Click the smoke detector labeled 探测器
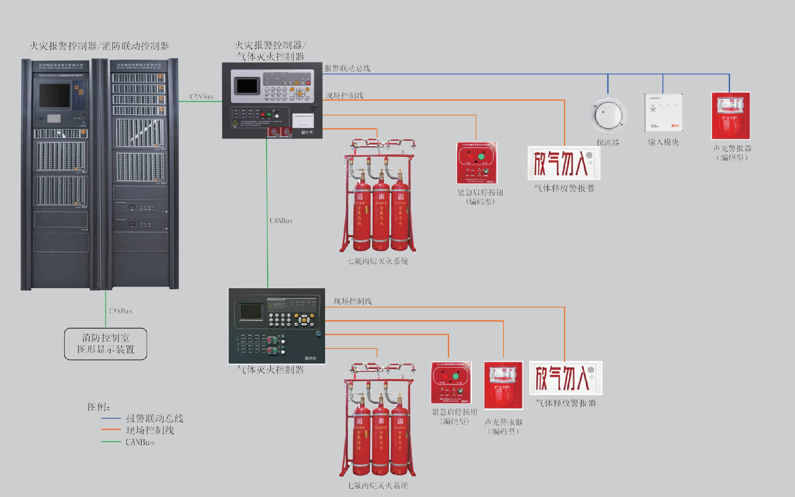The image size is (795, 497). coord(608,115)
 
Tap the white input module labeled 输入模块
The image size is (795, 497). coord(663,113)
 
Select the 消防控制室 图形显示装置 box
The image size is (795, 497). coord(106,344)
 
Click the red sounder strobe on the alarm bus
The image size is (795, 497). coord(731,116)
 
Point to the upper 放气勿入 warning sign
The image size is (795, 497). coord(564,163)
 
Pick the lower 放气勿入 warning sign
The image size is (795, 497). coord(566,378)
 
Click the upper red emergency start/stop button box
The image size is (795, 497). coord(477,163)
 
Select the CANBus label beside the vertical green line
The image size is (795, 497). coord(281,221)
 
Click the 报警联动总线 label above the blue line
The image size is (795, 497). coord(347,68)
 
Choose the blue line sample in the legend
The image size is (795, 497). coord(111,419)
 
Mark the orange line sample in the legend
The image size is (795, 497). coord(111,430)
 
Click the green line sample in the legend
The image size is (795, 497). coord(111,442)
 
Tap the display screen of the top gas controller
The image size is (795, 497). coord(247,86)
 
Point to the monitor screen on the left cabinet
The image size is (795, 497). coord(54,96)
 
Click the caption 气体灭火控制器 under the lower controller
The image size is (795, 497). coord(270,370)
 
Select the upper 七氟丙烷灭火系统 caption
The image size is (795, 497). coord(377,261)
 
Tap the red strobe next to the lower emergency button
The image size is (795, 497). coord(503,385)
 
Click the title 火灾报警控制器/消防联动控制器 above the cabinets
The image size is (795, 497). coord(99,46)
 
